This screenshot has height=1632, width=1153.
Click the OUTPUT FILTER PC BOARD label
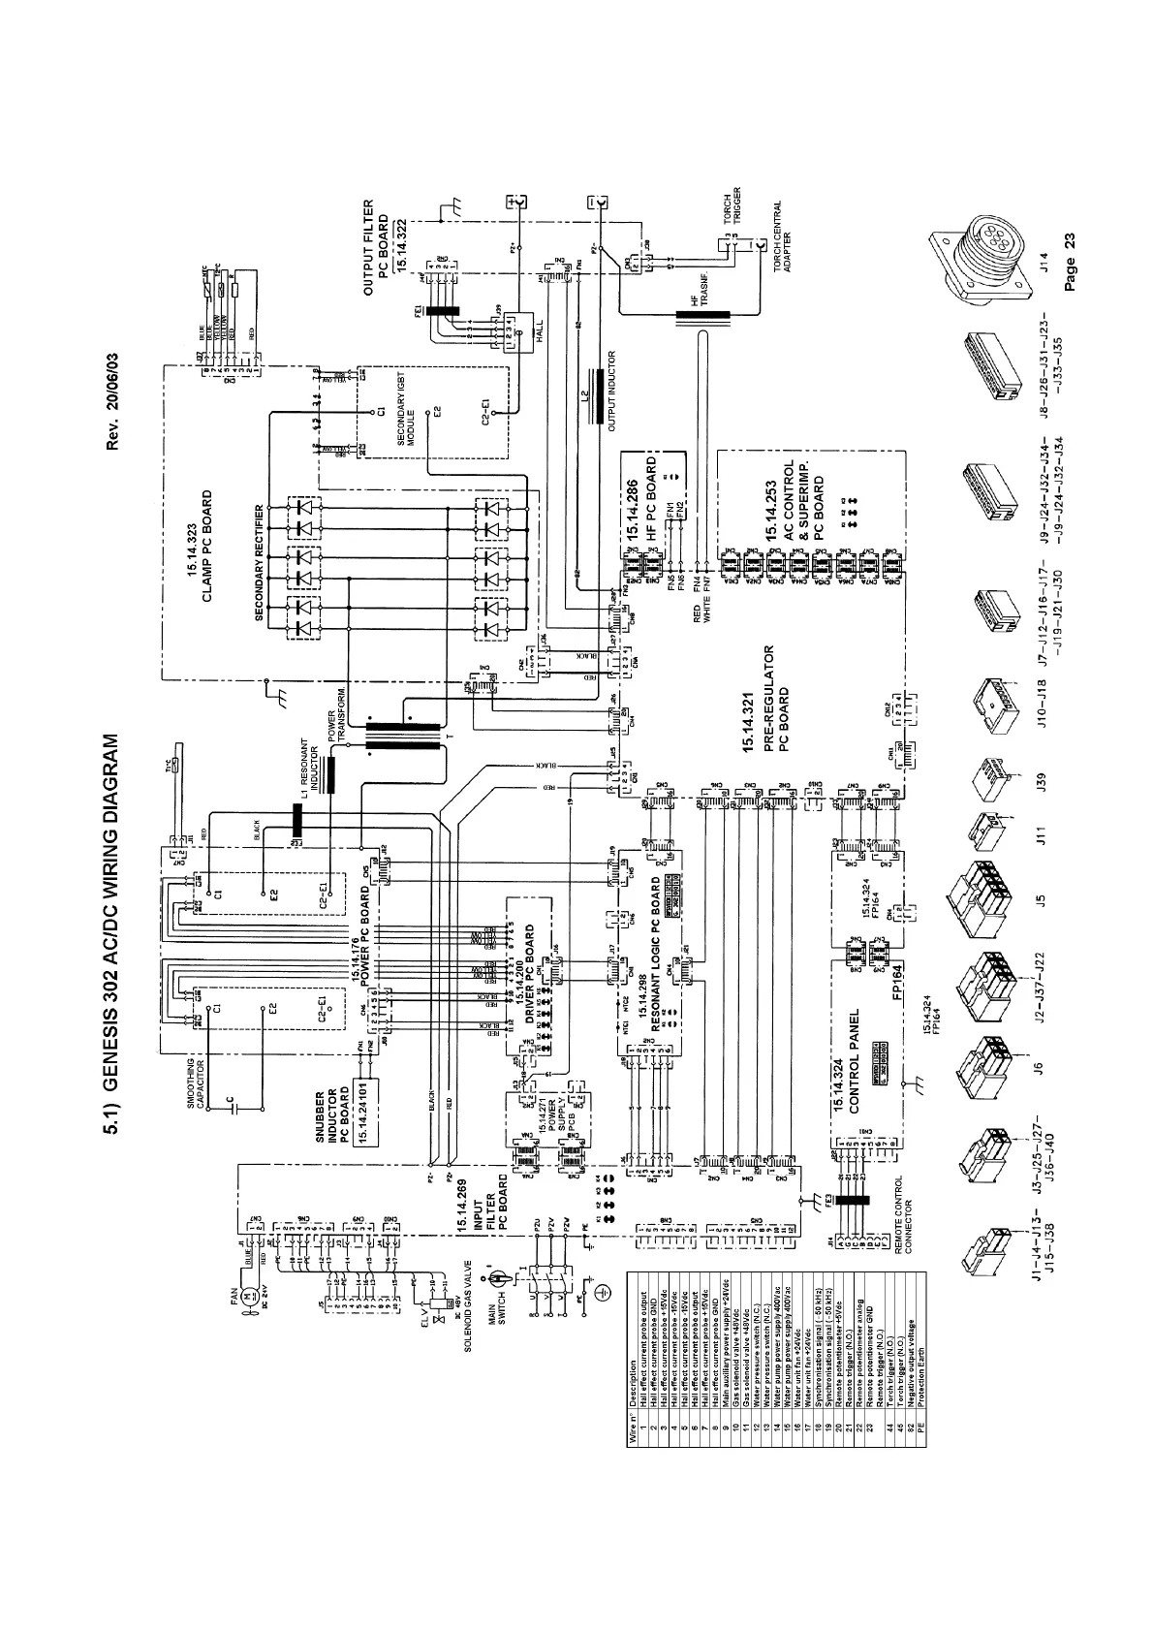click(x=384, y=248)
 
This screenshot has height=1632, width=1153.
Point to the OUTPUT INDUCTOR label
click(x=611, y=387)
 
